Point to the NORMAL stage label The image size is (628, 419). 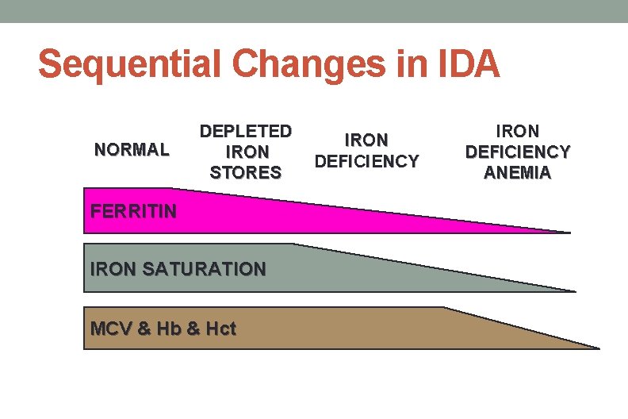click(132, 149)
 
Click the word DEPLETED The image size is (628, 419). click(246, 131)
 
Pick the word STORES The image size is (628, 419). click(246, 171)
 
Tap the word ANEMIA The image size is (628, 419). click(518, 172)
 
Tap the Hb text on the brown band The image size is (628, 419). click(169, 328)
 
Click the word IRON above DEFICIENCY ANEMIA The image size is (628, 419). click(518, 131)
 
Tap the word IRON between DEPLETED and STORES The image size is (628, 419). click(247, 151)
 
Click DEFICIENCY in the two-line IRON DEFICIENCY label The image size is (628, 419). click(366, 161)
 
